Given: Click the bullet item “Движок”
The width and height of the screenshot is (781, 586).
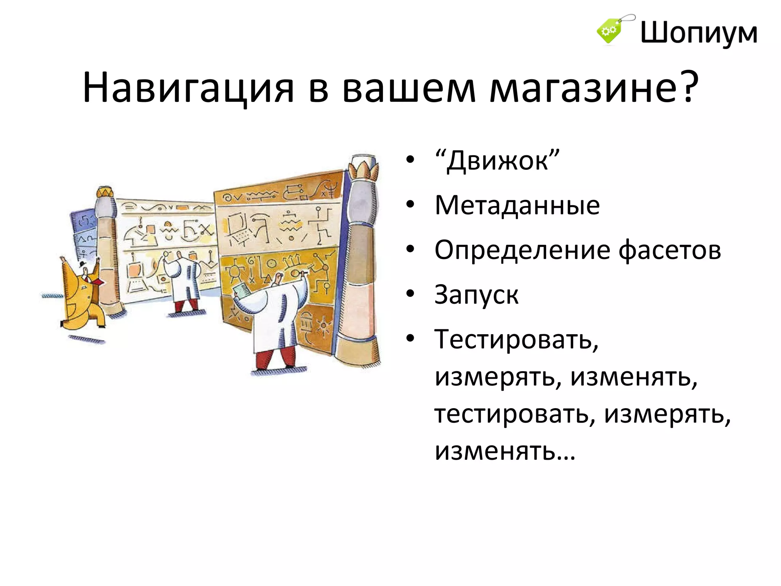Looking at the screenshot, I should (497, 161).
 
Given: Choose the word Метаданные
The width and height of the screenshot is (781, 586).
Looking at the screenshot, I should (517, 206).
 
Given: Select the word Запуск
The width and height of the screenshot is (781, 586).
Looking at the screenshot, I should (476, 295).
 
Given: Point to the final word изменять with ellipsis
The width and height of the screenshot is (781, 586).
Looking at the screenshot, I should (504, 451).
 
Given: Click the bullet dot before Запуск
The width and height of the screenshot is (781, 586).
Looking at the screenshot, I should (410, 294).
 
